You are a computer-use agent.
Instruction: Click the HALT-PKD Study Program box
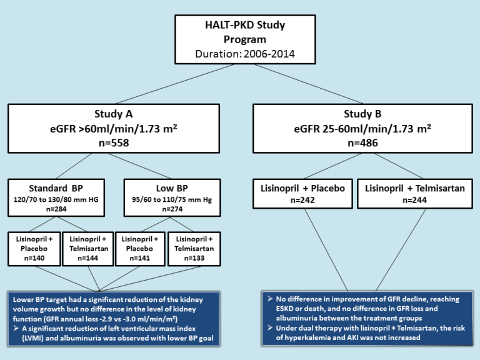coord(239,37)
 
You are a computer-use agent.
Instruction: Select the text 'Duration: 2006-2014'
coord(239,53)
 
